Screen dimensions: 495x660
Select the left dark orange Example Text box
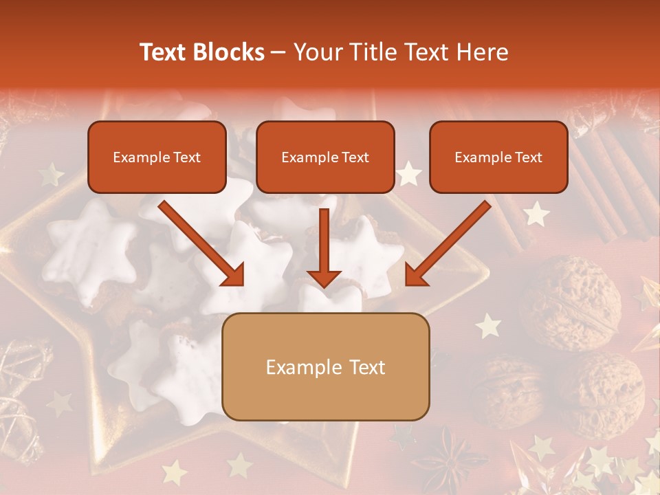tap(157, 157)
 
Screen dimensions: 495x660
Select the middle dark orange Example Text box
tap(325, 157)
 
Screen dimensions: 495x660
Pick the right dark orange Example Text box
tap(498, 157)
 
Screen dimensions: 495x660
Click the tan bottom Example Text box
tap(326, 366)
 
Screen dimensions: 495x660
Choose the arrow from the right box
tap(448, 243)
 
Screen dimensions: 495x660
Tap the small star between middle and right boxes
tap(410, 174)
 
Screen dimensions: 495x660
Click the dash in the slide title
tap(278, 52)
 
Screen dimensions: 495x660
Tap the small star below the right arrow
tap(488, 325)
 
